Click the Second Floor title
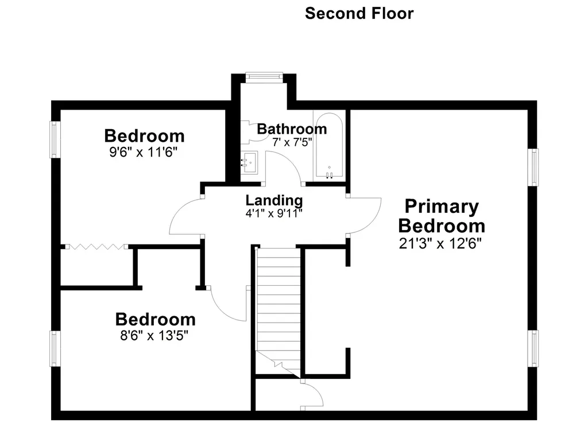(x=359, y=13)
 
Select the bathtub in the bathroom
(x=329, y=146)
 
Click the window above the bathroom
(x=264, y=74)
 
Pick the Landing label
(x=274, y=200)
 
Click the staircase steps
(x=278, y=304)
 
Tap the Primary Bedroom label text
(x=441, y=215)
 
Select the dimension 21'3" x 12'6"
(x=440, y=243)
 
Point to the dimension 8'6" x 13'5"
(x=155, y=335)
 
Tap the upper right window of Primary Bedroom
(x=535, y=167)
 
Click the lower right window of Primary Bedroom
(x=535, y=348)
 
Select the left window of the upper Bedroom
(x=55, y=139)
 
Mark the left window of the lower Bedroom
(x=55, y=349)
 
